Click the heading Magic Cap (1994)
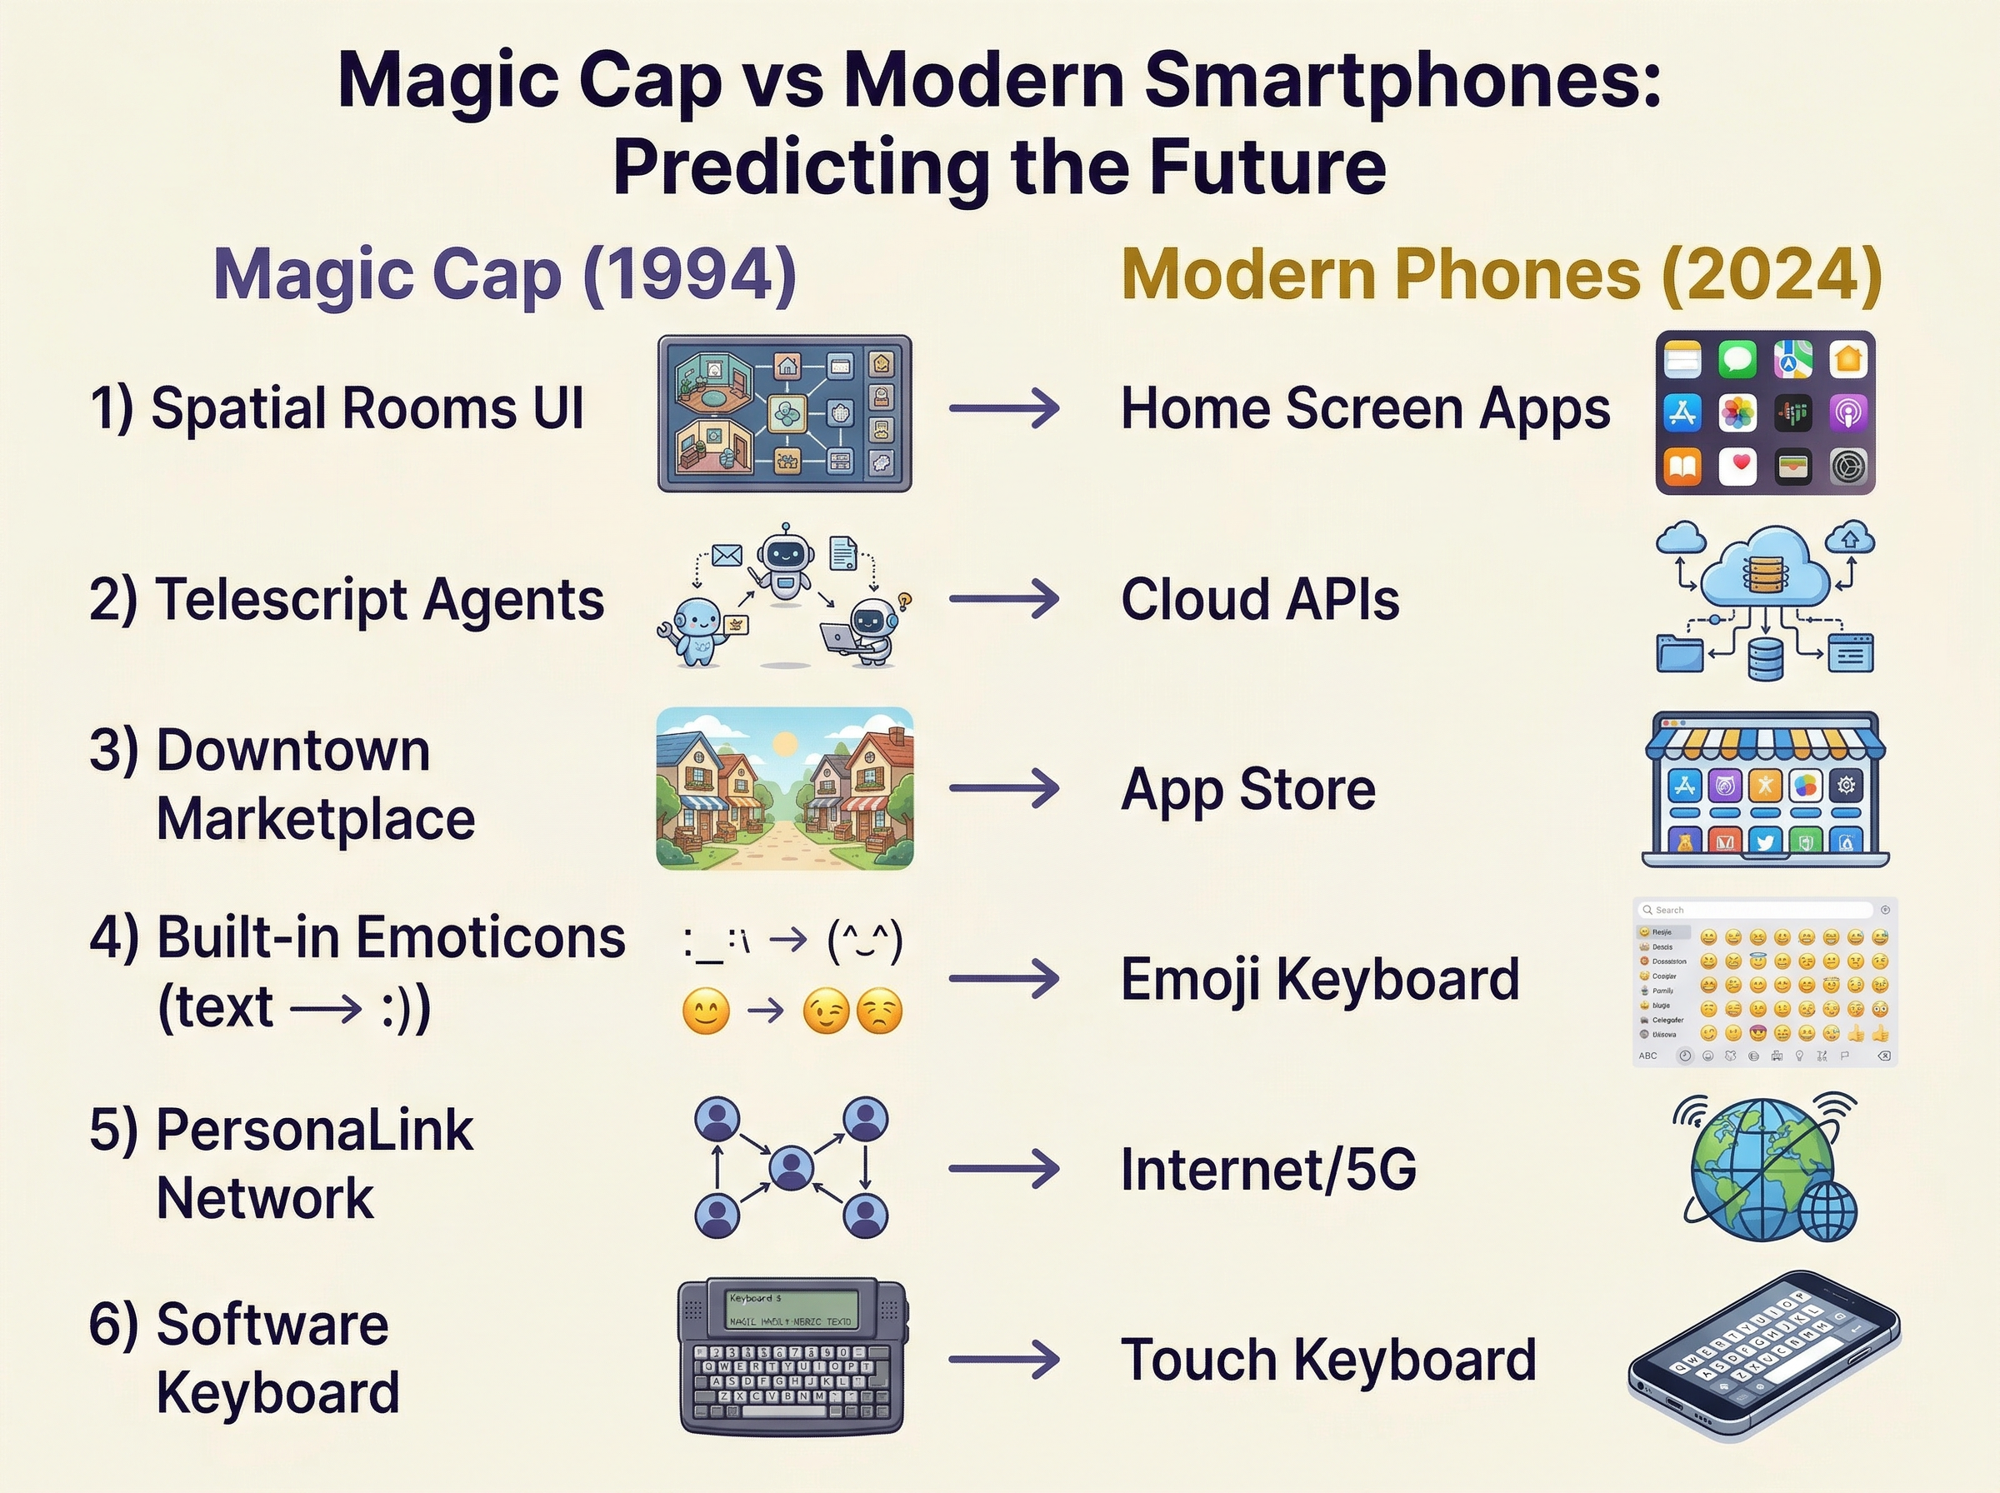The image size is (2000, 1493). [504, 274]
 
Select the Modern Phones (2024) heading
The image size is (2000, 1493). [1501, 274]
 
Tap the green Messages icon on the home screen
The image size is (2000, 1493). [1737, 359]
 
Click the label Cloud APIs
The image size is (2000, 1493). [1260, 599]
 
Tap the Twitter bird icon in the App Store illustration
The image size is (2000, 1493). [1765, 842]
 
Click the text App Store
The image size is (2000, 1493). [1248, 789]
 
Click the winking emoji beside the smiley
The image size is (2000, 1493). [826, 1011]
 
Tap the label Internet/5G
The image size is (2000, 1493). [1268, 1170]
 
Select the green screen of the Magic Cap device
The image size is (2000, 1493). [791, 1310]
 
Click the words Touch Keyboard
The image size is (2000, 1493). [1327, 1359]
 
